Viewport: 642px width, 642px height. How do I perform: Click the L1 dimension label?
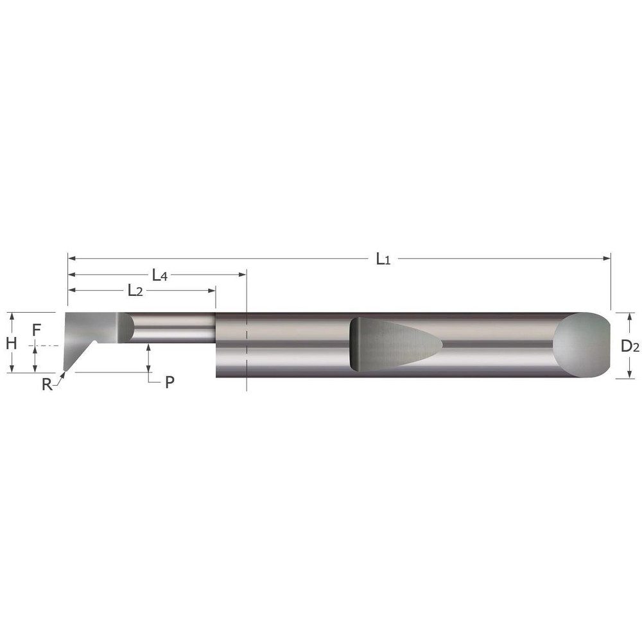click(383, 259)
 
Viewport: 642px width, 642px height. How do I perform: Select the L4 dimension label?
click(159, 275)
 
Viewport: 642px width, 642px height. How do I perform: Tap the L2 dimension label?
click(134, 291)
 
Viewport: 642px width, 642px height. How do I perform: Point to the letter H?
click(10, 343)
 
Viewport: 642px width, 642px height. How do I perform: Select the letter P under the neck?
click(169, 382)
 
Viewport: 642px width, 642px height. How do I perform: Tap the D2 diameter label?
click(629, 346)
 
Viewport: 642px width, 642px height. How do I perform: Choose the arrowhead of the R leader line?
click(62, 376)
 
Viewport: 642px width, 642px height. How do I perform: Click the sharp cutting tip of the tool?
click(65, 372)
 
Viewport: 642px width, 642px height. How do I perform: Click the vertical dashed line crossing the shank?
click(247, 347)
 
